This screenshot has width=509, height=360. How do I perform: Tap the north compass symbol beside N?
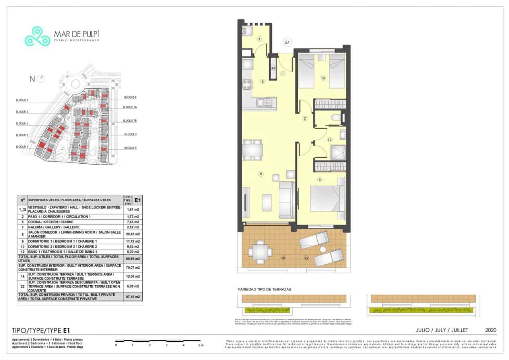pyautogui.click(x=41, y=79)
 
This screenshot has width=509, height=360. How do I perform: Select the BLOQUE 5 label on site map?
pyautogui.click(x=22, y=101)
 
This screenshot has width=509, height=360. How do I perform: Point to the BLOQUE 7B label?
pyautogui.click(x=130, y=120)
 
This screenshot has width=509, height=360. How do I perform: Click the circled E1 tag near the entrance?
pyautogui.click(x=288, y=42)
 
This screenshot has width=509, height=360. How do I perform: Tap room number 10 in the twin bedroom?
pyautogui.click(x=323, y=78)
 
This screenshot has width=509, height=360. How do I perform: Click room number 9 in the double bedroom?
pyautogui.click(x=319, y=180)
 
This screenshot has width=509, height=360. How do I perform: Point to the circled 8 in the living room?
pyautogui.click(x=261, y=174)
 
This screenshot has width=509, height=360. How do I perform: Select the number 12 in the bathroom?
pyautogui.click(x=329, y=140)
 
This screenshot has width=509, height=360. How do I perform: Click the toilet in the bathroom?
pyautogui.click(x=336, y=118)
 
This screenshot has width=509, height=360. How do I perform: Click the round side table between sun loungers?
pyautogui.click(x=322, y=250)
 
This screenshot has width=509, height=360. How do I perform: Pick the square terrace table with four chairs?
pyautogui.click(x=260, y=251)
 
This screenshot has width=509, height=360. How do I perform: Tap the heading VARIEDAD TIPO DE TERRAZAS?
pyautogui.click(x=264, y=289)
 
